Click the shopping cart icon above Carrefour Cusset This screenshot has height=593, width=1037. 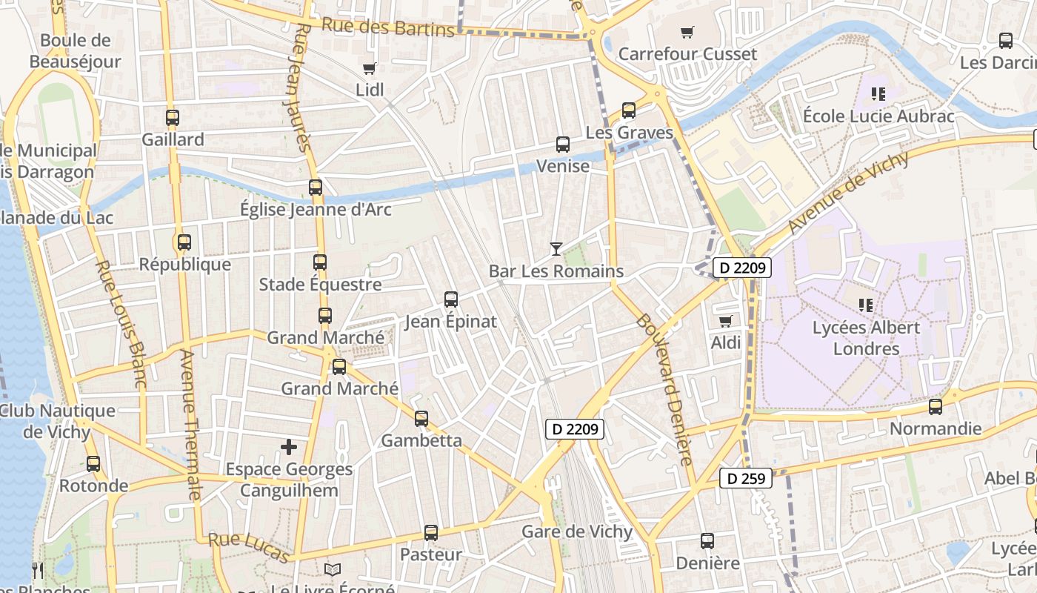pos(687,32)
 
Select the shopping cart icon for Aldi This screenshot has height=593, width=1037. pos(726,321)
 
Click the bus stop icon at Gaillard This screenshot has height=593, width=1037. pos(173,117)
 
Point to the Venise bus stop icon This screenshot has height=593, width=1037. pos(563,144)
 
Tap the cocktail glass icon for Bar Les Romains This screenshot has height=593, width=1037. pos(556,248)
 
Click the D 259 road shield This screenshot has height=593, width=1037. pos(746,478)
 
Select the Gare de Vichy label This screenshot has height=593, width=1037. pos(577,531)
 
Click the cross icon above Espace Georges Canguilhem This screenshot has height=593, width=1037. pos(289,447)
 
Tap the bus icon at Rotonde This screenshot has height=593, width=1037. pos(93,464)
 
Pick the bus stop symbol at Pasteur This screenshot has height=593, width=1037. pos(431,532)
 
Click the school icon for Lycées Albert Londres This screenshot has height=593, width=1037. pos(866,305)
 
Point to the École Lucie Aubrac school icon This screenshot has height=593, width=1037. pos(878,94)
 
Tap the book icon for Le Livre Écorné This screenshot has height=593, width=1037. pos(333,569)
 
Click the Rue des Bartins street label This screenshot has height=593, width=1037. pos(387,27)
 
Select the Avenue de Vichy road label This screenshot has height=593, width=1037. pos(848,192)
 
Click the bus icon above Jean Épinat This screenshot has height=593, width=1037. pos(451,299)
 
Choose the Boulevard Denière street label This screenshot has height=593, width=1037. pos(664,390)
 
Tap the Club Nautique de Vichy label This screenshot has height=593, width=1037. pos(58,421)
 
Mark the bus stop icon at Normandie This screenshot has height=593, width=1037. pos(936,407)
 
